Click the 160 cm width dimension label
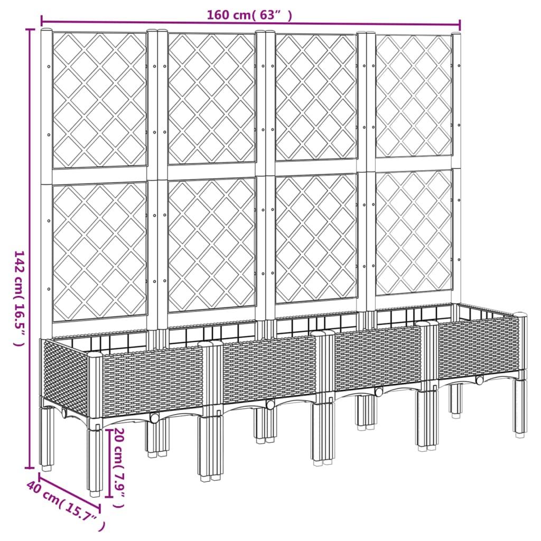pos(249,15)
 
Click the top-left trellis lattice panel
pos(99,100)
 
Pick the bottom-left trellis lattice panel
pos(99,251)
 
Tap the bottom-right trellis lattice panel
pos(414,232)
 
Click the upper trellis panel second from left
pos(211,98)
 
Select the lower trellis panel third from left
pos(316,239)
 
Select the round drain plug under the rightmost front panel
pos(479,380)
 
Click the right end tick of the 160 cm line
pos(460,25)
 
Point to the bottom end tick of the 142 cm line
pos(29,468)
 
